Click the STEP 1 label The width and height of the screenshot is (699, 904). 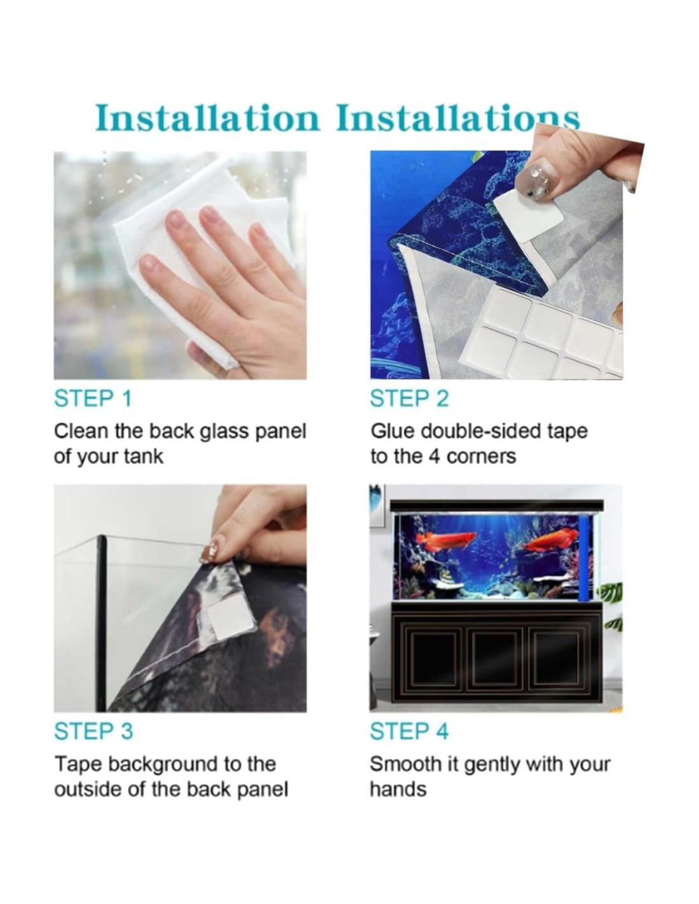pyautogui.click(x=93, y=398)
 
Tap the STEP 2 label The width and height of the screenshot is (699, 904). pyautogui.click(x=409, y=398)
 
